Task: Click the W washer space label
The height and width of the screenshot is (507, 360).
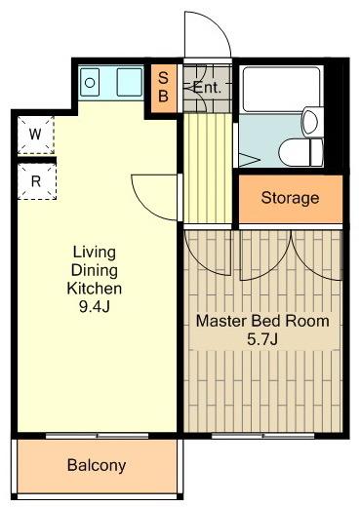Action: [35, 134]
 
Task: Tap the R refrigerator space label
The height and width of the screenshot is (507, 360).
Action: [36, 181]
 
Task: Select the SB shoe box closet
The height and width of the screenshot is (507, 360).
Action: [164, 88]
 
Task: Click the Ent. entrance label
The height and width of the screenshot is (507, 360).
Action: [207, 88]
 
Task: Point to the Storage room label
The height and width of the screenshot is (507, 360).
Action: [290, 198]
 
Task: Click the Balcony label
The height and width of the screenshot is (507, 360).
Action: [97, 465]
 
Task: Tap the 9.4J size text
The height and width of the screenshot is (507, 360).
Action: [95, 306]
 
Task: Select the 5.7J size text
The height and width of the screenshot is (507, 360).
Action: [262, 340]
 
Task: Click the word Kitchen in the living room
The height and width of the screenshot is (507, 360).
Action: [95, 289]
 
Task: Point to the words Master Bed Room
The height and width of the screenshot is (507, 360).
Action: [262, 321]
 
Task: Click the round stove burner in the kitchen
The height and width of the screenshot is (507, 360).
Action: [90, 83]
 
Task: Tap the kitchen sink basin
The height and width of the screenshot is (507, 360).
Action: [130, 82]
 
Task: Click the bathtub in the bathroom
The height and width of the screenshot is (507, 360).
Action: [281, 90]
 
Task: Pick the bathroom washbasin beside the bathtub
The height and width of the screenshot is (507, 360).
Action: [311, 122]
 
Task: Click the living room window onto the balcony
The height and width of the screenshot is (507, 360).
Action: [97, 436]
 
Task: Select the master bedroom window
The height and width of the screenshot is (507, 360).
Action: [262, 436]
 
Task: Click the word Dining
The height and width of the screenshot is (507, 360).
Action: [95, 270]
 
